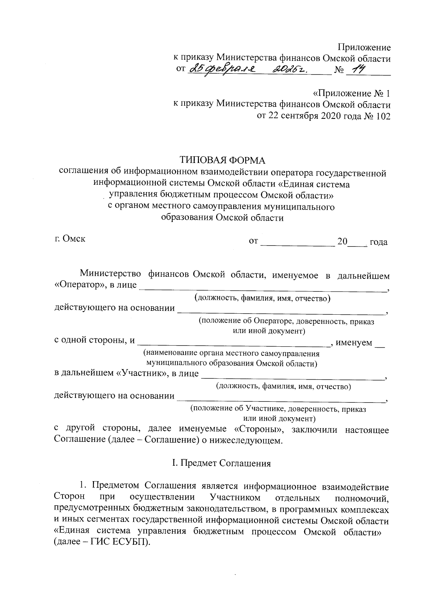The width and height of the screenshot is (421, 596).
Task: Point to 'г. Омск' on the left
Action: click(x=70, y=239)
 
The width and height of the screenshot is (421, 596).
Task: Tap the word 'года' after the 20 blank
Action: click(x=378, y=242)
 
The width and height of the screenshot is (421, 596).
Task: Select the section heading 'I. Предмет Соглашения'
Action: click(x=221, y=463)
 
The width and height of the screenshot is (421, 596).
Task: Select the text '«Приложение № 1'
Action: click(x=351, y=94)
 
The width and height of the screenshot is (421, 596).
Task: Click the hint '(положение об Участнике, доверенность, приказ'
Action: click(x=278, y=409)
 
